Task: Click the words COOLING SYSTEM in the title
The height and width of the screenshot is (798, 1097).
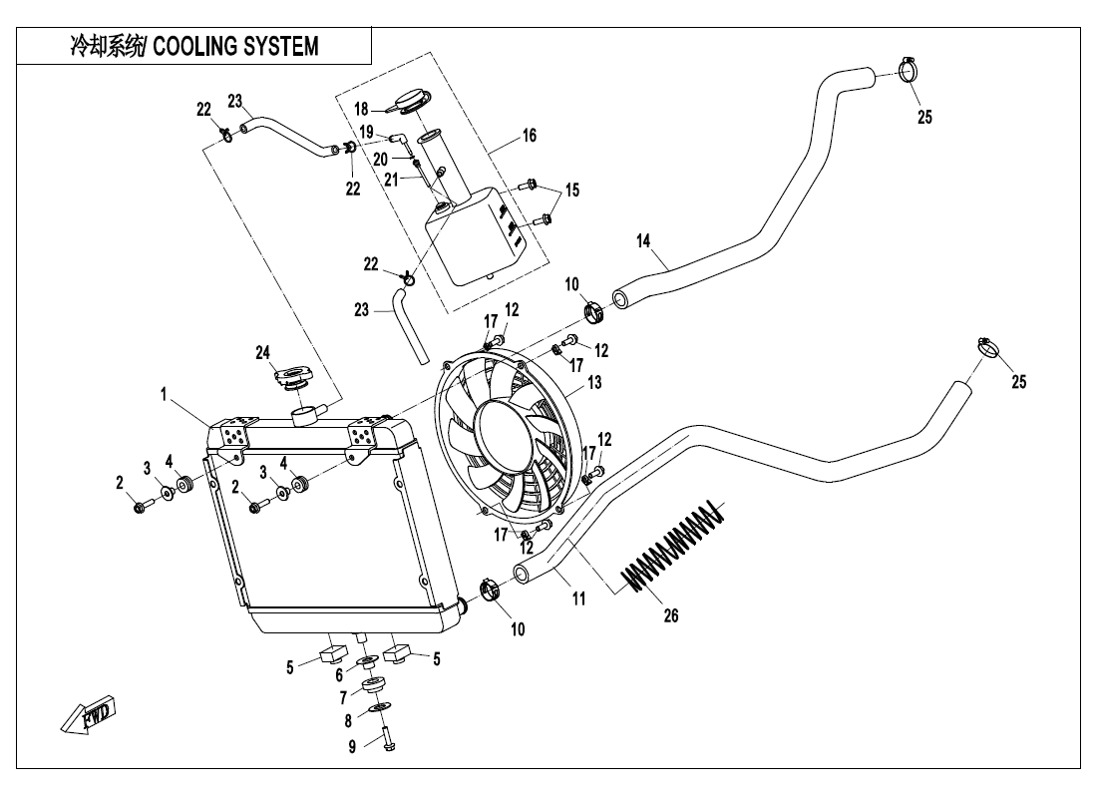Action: coord(236,46)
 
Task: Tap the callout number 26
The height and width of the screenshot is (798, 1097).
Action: coord(671,615)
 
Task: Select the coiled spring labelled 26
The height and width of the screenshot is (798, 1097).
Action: coord(670,548)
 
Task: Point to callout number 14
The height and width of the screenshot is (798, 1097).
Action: coord(644,240)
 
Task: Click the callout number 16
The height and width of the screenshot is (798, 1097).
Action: coord(529,135)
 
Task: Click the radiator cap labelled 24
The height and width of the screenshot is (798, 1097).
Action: coord(293,380)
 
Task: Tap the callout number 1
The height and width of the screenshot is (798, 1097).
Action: coord(164,395)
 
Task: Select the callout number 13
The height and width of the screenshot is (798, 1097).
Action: coord(594,382)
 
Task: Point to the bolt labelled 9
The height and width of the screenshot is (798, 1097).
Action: coord(388,741)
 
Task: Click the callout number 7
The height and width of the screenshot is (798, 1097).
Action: coord(344,697)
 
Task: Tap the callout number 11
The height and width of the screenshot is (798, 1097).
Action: coord(578,598)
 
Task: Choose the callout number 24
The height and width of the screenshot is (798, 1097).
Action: coord(262,352)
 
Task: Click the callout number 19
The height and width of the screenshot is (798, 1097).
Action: coord(366,132)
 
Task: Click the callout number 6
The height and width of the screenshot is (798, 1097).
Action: coord(340,675)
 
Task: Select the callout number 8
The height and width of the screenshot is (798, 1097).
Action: coord(348,719)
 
